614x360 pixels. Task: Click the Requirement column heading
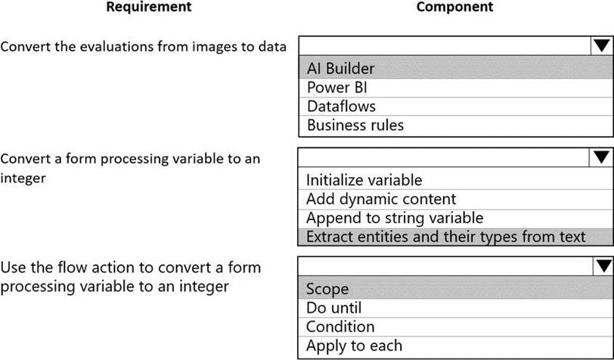tap(149, 7)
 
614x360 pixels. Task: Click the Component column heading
tap(454, 7)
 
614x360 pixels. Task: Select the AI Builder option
tap(341, 69)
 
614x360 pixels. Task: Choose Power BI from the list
tap(336, 88)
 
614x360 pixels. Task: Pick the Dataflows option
tap(341, 106)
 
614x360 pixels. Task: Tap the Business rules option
tap(355, 125)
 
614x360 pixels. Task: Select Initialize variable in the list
tap(364, 180)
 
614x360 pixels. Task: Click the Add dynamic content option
tap(381, 199)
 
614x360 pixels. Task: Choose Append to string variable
tap(395, 218)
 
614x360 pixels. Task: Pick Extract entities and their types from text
tap(446, 237)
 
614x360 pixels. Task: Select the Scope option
tap(327, 289)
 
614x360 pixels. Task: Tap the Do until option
tap(333, 308)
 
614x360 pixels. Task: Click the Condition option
tap(340, 327)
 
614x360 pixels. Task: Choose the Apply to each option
tap(354, 346)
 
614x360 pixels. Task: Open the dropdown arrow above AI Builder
tap(602, 46)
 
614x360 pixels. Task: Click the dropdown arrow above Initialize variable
tap(601, 157)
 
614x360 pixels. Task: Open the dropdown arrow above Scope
tap(603, 266)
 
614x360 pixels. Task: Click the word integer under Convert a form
tap(23, 178)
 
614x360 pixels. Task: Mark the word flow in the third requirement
tap(72, 268)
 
